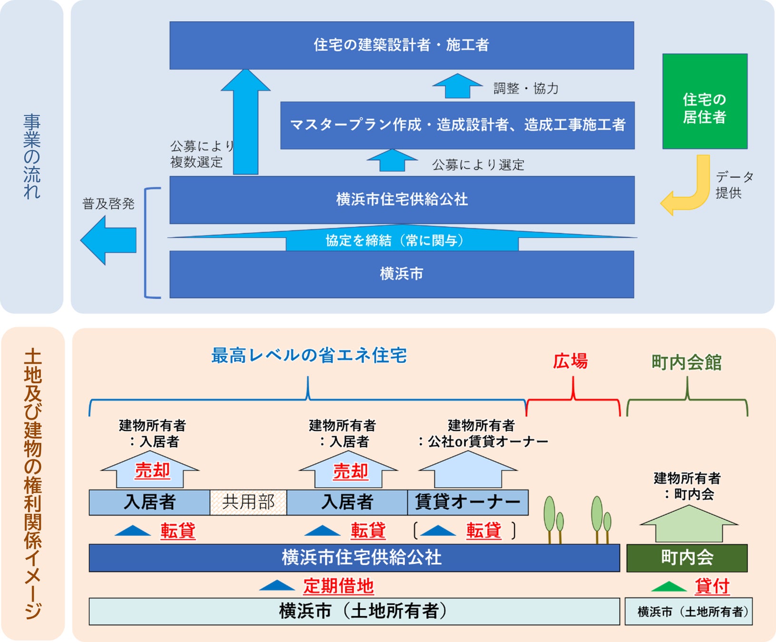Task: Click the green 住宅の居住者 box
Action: coord(705,101)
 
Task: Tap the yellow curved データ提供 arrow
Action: coord(690,190)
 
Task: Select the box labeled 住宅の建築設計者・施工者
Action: coord(402,45)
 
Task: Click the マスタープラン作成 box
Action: coord(457,125)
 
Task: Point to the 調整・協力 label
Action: coord(526,88)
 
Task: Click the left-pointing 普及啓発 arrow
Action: coord(108,240)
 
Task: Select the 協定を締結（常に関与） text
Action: coord(394,241)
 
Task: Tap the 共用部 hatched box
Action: coord(248,502)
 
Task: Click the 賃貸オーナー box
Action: coord(468,502)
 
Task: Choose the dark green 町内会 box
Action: coord(687,558)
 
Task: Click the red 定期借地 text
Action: coord(338,586)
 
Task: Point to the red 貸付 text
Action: coord(712,586)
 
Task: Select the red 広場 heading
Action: coord(570,361)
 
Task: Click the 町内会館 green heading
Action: coord(687,363)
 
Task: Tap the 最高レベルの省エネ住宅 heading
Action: coord(309,356)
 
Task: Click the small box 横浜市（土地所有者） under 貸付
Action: coord(688,612)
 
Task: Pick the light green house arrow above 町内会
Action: coord(688,524)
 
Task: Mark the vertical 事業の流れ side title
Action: coord(32,156)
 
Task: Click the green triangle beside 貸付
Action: coord(668,587)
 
